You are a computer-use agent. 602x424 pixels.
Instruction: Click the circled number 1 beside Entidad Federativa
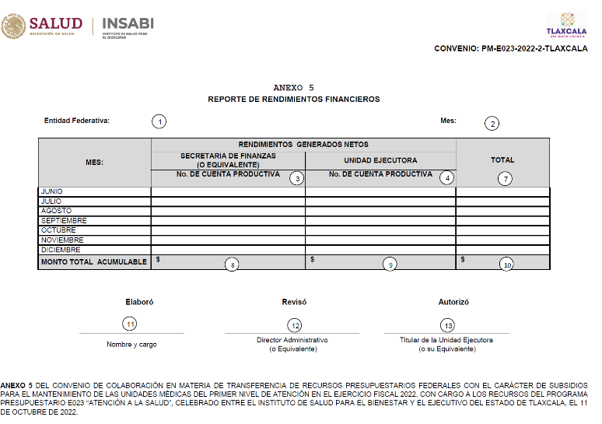159,121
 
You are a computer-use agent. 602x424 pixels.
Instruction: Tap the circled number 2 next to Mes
492,123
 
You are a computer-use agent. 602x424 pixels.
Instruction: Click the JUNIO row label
52,191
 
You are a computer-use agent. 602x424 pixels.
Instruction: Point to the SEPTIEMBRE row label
64,220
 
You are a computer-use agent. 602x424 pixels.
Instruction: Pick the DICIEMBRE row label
61,250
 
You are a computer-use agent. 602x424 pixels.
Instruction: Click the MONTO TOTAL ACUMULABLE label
94,262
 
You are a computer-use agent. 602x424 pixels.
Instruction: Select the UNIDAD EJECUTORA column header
380,160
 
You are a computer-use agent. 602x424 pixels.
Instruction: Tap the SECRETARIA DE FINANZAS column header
228,159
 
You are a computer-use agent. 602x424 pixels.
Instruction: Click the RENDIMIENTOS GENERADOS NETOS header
303,144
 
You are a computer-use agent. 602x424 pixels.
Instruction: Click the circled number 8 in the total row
232,265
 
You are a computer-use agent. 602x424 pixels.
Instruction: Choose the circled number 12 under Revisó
295,324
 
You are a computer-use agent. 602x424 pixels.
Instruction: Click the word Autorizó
453,302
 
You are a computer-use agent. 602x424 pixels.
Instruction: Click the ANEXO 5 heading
294,88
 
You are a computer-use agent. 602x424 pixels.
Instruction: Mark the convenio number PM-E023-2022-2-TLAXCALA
510,49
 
